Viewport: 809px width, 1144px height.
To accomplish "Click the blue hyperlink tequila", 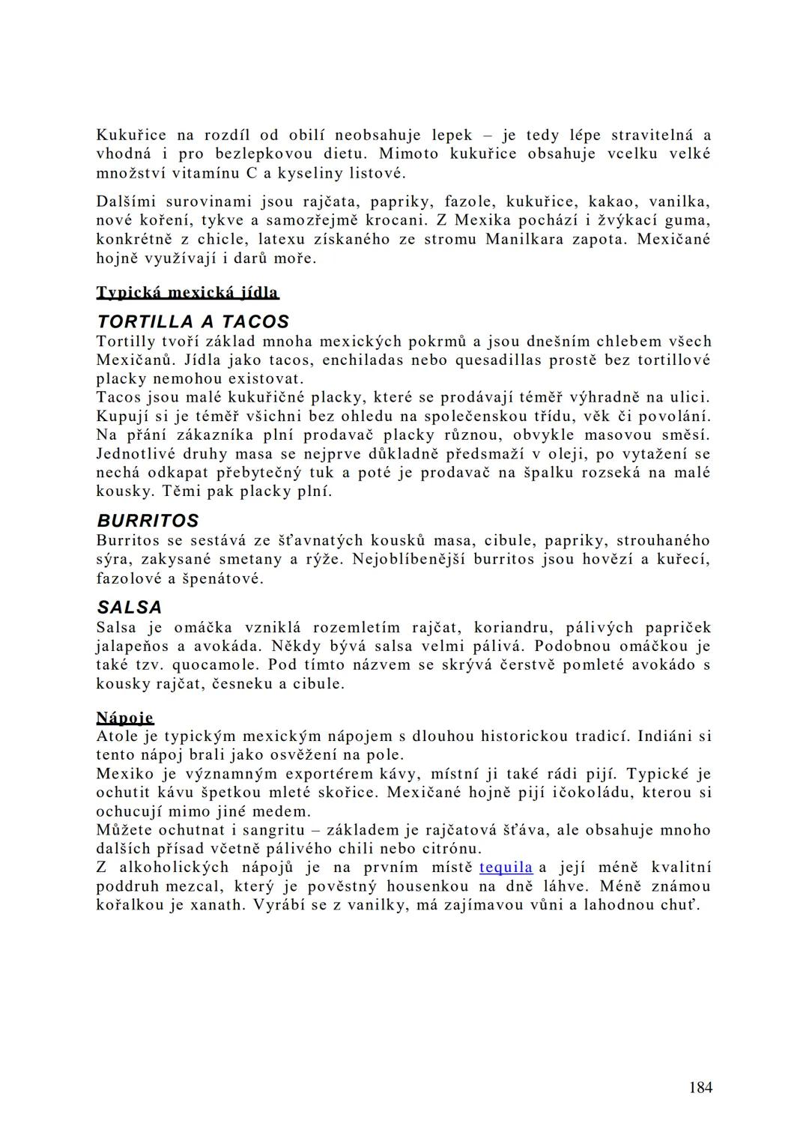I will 506,868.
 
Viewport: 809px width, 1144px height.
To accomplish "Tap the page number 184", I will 700,1087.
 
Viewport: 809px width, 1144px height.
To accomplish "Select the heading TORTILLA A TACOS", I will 193,322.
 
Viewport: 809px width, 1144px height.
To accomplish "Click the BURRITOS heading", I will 148,521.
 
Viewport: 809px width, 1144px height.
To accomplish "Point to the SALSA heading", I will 129,607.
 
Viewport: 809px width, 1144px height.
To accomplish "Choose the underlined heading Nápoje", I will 125,718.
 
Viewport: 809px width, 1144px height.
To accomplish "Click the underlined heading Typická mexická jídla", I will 187,292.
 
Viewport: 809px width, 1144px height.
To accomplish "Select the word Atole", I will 118,736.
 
